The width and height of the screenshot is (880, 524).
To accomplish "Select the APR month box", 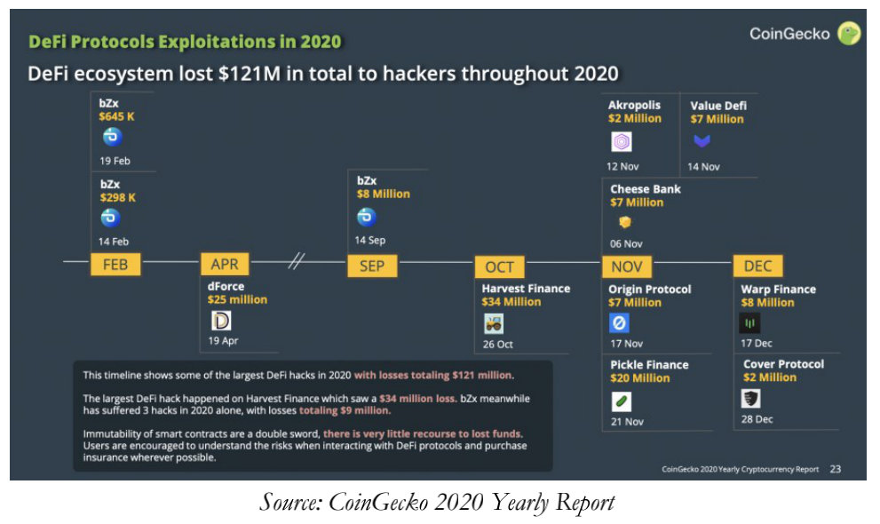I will click(225, 264).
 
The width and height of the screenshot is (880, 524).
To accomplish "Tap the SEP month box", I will click(371, 265).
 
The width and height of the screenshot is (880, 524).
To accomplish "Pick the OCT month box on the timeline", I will click(499, 266).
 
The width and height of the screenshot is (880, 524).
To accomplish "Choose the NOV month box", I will click(627, 266).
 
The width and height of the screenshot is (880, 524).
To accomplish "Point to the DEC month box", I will click(757, 266).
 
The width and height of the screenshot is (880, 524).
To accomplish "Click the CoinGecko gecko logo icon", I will click(850, 35).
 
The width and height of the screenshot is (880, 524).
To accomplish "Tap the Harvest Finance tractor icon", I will click(494, 324).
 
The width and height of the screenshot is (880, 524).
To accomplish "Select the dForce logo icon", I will click(220, 321).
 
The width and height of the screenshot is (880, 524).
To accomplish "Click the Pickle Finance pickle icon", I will click(622, 401).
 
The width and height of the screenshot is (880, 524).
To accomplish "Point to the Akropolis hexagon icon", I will click(622, 142).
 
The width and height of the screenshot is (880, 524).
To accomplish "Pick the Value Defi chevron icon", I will click(702, 141).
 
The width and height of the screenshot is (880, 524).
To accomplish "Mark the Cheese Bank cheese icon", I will click(624, 223).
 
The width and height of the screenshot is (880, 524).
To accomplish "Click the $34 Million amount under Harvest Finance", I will click(511, 302).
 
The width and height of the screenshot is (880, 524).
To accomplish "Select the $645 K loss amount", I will click(117, 116).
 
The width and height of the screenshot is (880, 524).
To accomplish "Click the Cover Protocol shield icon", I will click(751, 399).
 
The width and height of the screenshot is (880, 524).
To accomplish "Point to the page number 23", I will click(835, 468).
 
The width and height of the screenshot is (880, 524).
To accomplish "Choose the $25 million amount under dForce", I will click(237, 299).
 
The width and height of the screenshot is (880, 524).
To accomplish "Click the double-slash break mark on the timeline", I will click(296, 262).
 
